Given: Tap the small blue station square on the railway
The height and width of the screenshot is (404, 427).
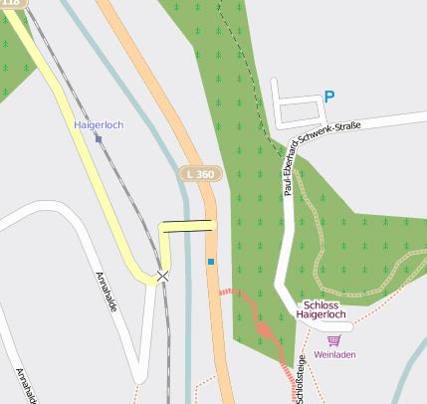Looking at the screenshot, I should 99,139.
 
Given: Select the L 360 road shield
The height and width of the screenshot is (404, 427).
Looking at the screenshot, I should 200,174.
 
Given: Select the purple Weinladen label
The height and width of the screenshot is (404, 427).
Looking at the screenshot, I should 333,354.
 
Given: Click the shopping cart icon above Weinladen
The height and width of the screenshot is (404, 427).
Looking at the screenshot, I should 333,340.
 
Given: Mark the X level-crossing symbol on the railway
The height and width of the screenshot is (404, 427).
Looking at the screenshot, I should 162,275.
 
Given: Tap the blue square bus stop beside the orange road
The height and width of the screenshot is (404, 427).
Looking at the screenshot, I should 211,262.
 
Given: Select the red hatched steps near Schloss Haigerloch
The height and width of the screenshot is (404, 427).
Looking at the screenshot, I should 264,326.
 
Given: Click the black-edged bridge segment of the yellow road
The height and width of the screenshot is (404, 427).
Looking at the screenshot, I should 187,226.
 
